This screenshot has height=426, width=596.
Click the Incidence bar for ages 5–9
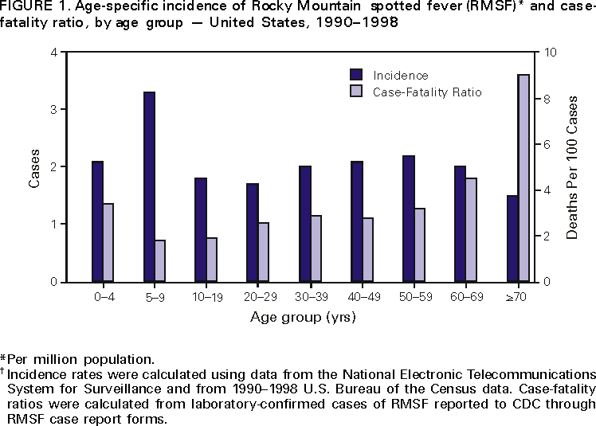(149, 187)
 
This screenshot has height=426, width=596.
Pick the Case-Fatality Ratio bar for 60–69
(471, 229)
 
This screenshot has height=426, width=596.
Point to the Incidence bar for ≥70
(512, 239)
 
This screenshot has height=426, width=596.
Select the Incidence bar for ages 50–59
(409, 218)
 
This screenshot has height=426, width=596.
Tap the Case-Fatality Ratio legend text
(427, 92)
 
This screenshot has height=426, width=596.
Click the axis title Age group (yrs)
(303, 317)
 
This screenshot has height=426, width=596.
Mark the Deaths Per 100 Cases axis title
(573, 167)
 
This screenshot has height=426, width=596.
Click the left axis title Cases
(35, 167)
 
